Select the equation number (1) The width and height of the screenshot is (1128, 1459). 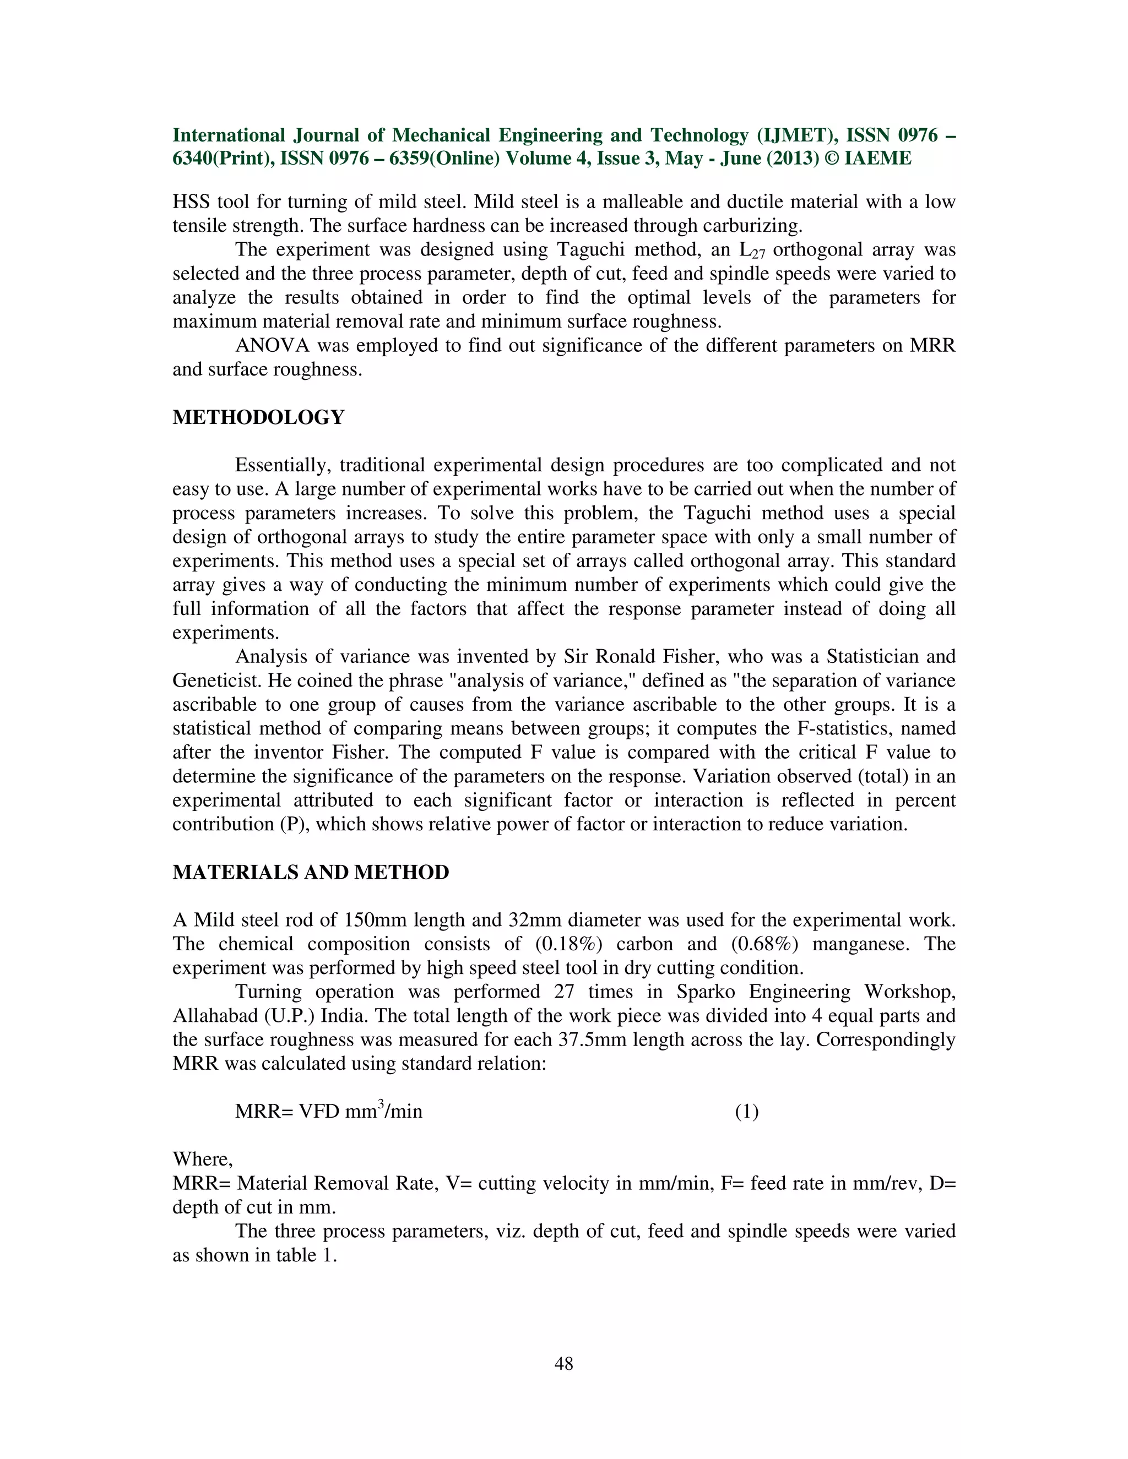click(x=746, y=1112)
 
